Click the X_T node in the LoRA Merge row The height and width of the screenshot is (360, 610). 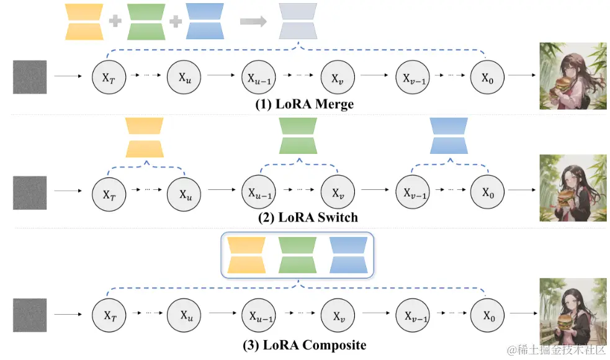109,77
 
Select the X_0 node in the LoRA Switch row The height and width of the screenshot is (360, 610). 488,192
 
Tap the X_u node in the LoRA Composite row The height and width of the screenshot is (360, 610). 184,315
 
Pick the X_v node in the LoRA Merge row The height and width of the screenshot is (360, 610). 338,77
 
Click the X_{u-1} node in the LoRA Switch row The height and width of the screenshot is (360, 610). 259,192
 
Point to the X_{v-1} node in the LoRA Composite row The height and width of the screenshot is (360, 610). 413,315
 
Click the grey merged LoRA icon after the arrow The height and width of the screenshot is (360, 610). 298,21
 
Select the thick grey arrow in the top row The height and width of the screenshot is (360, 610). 253,21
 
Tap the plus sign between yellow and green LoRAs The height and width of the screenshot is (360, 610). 115,20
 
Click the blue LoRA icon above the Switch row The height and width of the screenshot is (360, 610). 449,136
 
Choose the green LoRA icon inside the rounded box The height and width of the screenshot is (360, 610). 298,255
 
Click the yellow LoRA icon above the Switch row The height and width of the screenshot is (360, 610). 145,137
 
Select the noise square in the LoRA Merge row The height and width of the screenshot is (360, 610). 30,77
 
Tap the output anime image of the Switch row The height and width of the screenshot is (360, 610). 573,188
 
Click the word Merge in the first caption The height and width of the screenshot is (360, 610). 334,104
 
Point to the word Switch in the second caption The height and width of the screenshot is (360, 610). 338,217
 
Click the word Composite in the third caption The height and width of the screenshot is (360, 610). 334,345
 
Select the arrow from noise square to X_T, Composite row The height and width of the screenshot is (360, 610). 68,314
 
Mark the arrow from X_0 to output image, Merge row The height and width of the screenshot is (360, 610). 522,74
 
